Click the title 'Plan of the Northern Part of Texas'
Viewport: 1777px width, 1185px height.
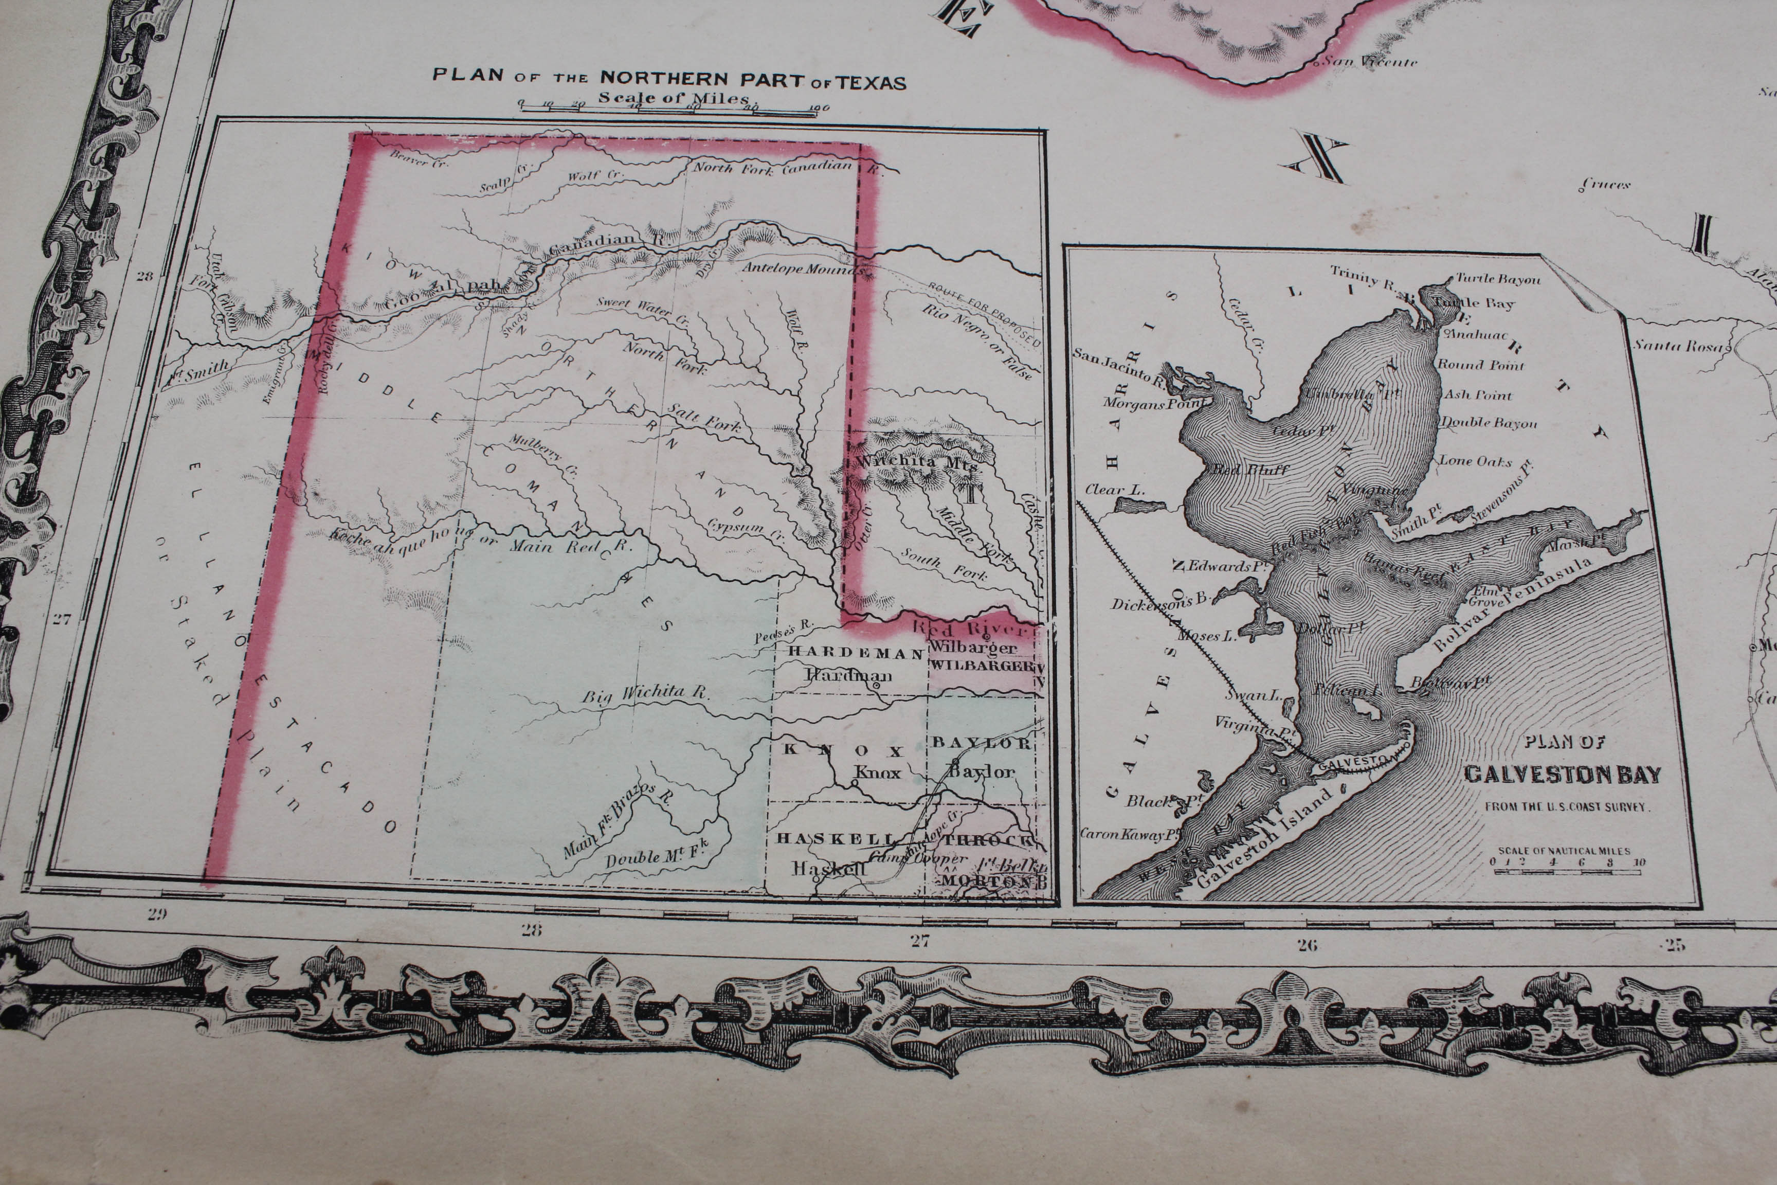tap(668, 79)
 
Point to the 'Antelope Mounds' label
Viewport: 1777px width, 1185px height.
tap(802, 268)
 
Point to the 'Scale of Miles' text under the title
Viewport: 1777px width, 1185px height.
tap(673, 98)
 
